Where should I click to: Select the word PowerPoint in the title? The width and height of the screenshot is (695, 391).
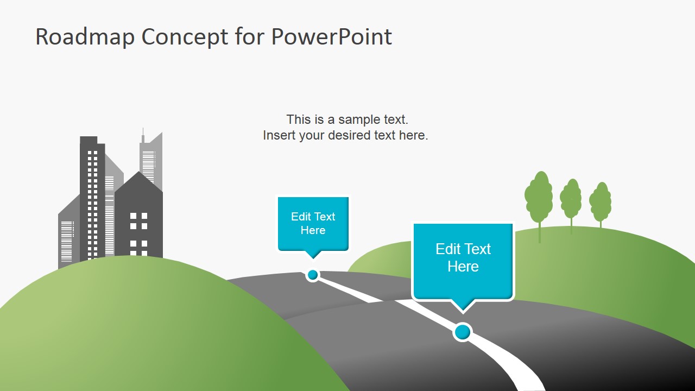coord(331,37)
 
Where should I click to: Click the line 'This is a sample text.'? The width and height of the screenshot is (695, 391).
coord(347,119)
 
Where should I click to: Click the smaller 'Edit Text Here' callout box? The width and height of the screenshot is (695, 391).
coord(313,223)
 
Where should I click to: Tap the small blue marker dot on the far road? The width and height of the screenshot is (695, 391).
coord(312,275)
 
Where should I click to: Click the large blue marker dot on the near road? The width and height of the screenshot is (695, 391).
coord(462,331)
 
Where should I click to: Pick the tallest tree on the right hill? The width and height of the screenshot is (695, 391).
coord(539,197)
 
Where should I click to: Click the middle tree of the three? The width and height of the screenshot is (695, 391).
coord(571,199)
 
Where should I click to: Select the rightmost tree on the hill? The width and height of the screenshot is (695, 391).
coord(601,201)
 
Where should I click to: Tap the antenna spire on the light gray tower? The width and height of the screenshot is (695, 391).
coord(143,135)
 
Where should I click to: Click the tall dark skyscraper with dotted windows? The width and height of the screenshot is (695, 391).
coord(92,195)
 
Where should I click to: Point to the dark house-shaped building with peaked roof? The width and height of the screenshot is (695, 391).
coord(138,217)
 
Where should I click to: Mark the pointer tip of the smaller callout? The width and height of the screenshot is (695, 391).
coord(313,258)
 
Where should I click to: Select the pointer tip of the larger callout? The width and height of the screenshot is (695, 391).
coord(463,311)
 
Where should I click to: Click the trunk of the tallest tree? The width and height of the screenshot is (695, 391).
coord(540,232)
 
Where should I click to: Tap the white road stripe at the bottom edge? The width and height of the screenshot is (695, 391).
coord(529,383)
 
